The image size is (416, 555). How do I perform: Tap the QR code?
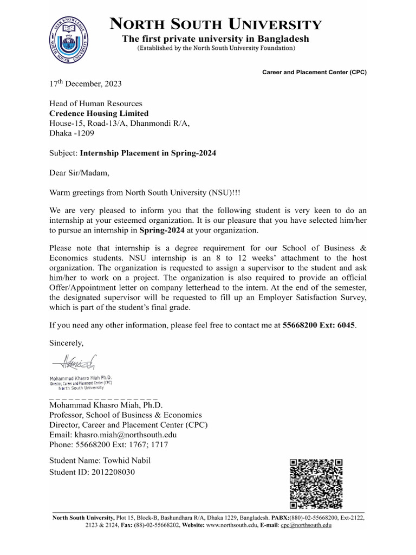tap(316, 484)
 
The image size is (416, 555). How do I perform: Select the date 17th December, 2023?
tap(86, 84)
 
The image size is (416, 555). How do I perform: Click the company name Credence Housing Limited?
tap(99, 113)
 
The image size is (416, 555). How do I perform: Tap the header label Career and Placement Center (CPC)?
tap(314, 72)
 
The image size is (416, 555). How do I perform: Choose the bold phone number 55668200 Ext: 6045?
tap(320, 325)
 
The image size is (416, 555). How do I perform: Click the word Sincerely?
tap(67, 343)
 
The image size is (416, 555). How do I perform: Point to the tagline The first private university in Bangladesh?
tap(216, 39)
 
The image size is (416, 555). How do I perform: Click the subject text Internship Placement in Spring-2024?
tap(148, 153)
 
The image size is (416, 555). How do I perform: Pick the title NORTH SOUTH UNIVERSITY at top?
tap(216, 24)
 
